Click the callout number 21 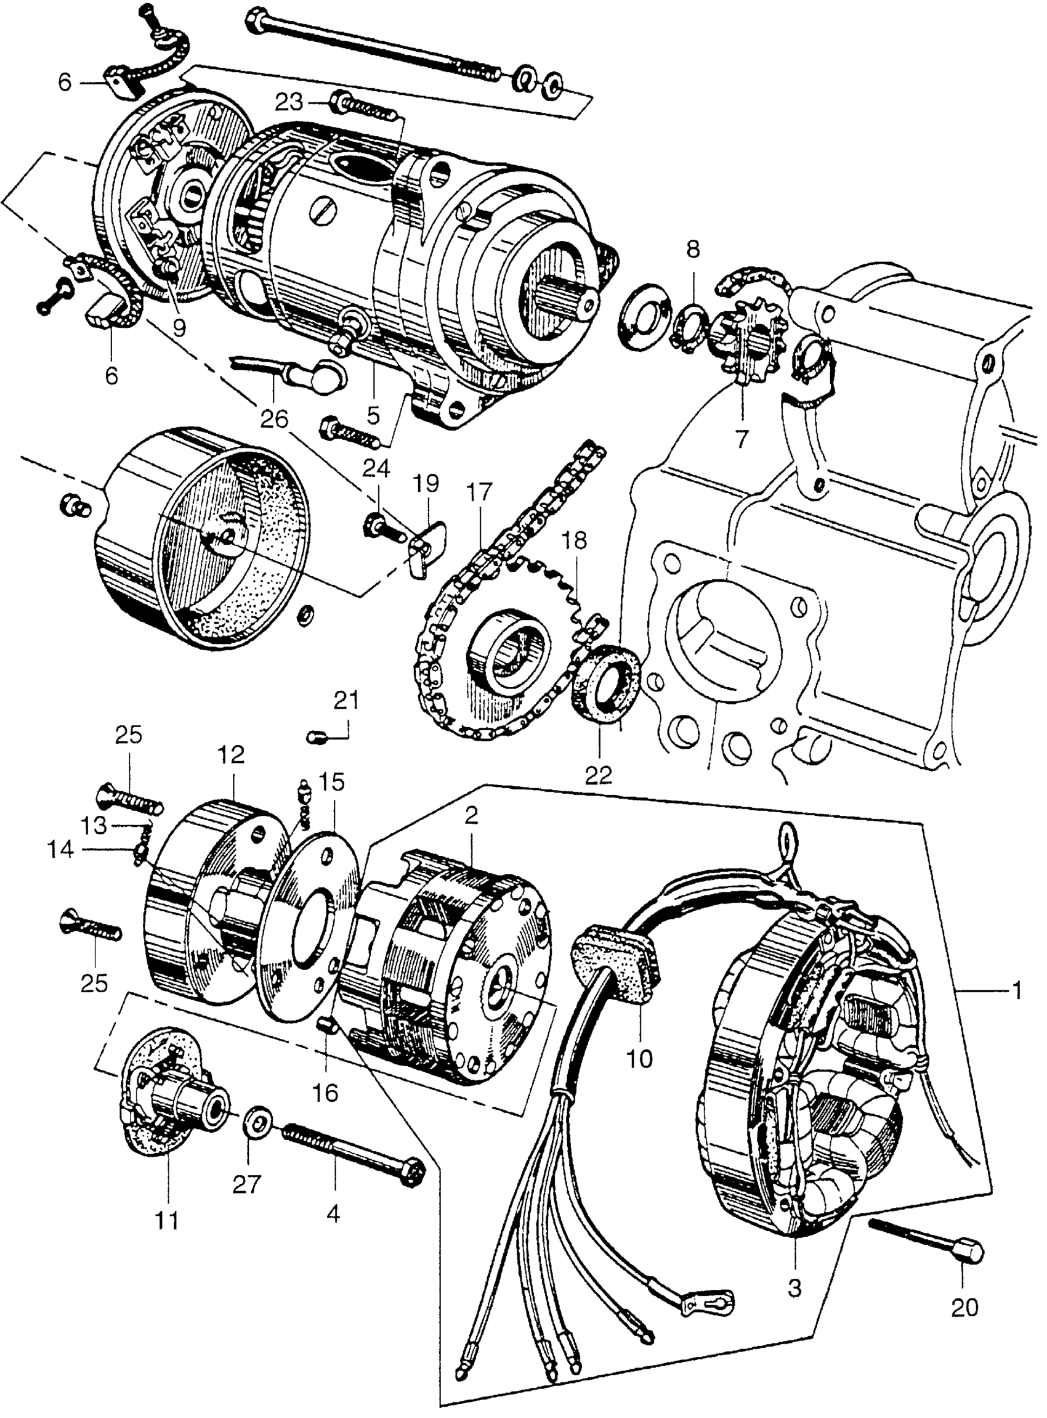346,701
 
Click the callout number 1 1017,990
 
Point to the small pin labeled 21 317,737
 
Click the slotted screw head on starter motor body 323,214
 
